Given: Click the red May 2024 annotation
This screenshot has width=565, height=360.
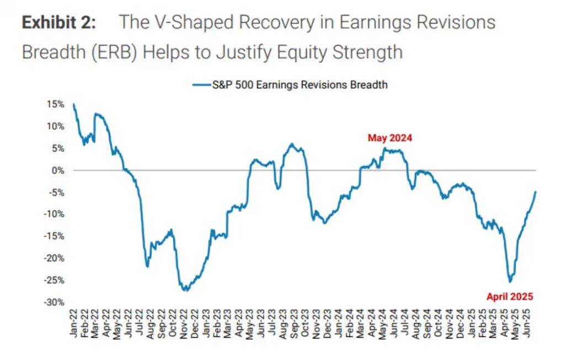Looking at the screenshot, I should coord(390,138).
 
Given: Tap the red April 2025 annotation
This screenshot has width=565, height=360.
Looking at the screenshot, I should coord(509,297).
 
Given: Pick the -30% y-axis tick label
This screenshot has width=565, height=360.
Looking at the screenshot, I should coord(55,302).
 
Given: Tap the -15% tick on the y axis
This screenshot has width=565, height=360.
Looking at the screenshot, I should coord(55,236).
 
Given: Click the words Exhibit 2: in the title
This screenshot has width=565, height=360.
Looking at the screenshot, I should coord(59,23).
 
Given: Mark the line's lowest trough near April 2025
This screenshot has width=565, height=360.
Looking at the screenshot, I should coord(510,281).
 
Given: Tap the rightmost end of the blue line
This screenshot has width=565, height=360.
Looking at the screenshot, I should coord(536,191).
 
